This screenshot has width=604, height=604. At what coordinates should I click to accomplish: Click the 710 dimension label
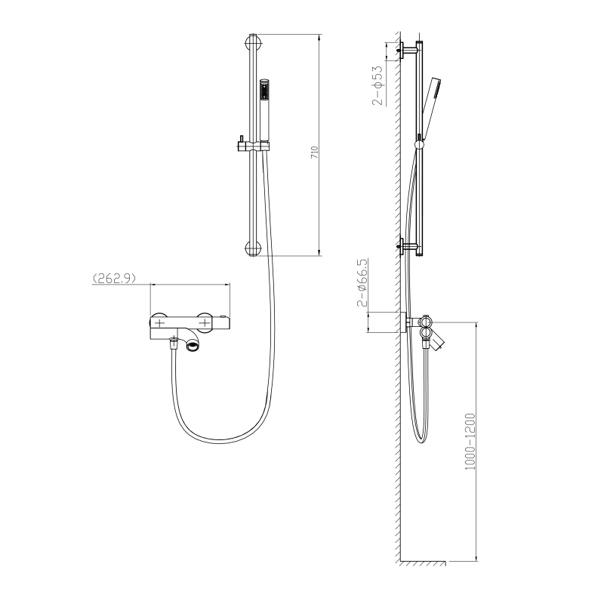[x=315, y=153]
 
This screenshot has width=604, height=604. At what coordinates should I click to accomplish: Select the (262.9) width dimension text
[x=115, y=278]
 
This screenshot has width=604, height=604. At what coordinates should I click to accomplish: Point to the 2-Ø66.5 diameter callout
[x=362, y=282]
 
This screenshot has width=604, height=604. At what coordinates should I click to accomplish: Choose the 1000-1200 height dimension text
[x=470, y=442]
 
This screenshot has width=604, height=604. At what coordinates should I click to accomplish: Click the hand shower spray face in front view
[x=264, y=91]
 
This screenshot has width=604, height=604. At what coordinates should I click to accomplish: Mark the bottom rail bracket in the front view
[x=253, y=249]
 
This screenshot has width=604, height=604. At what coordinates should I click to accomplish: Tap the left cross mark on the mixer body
[x=159, y=322]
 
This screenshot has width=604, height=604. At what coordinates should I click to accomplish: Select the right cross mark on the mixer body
[x=205, y=322]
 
